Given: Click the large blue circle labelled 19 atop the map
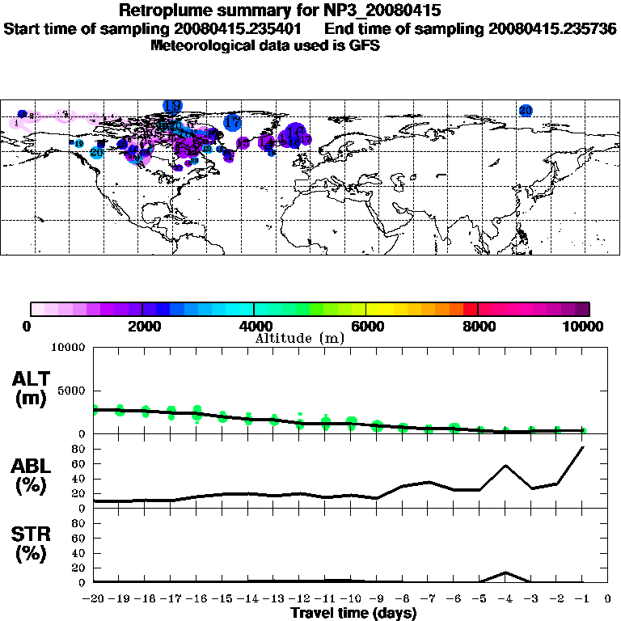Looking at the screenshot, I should tap(172, 106).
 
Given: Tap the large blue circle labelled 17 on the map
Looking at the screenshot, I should tap(233, 123).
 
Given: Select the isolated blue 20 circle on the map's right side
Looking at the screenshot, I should tap(526, 110).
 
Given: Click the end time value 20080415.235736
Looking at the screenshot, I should tap(552, 28).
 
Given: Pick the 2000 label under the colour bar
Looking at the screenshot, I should tap(142, 327).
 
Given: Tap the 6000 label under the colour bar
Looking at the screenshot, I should tap(366, 327).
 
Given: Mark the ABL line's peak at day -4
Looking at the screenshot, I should tap(505, 466).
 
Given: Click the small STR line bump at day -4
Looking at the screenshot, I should tap(505, 572).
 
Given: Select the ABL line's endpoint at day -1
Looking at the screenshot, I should tap(583, 446).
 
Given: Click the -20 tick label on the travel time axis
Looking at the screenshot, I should tap(95, 599).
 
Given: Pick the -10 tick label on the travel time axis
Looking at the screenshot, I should tap(352, 599).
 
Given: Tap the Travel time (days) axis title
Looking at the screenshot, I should tap(353, 613).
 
